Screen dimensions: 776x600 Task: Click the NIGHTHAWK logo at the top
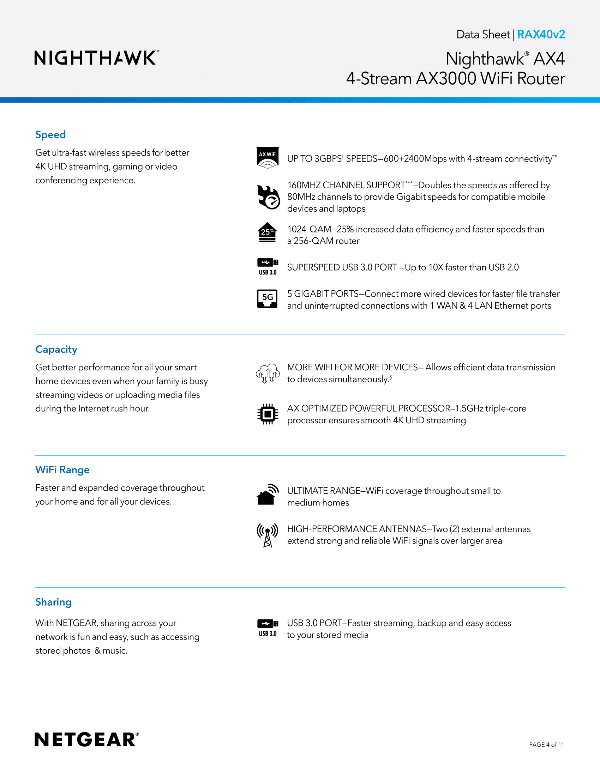(x=96, y=58)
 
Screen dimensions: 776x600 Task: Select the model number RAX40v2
(x=541, y=35)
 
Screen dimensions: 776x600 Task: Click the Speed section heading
(x=50, y=135)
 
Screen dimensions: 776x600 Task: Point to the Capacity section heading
(x=56, y=349)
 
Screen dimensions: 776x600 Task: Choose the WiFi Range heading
(x=62, y=470)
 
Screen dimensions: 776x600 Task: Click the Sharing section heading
(x=53, y=602)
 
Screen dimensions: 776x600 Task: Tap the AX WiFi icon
(x=268, y=158)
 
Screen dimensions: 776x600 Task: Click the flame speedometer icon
(x=268, y=197)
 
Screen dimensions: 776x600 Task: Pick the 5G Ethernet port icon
(x=267, y=299)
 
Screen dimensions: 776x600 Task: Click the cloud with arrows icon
(x=267, y=374)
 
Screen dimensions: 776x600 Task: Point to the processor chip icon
(x=268, y=414)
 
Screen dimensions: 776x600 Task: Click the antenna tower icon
(x=267, y=535)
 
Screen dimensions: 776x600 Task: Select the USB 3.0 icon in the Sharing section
(x=268, y=628)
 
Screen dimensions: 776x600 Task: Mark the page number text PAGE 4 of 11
(x=546, y=744)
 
